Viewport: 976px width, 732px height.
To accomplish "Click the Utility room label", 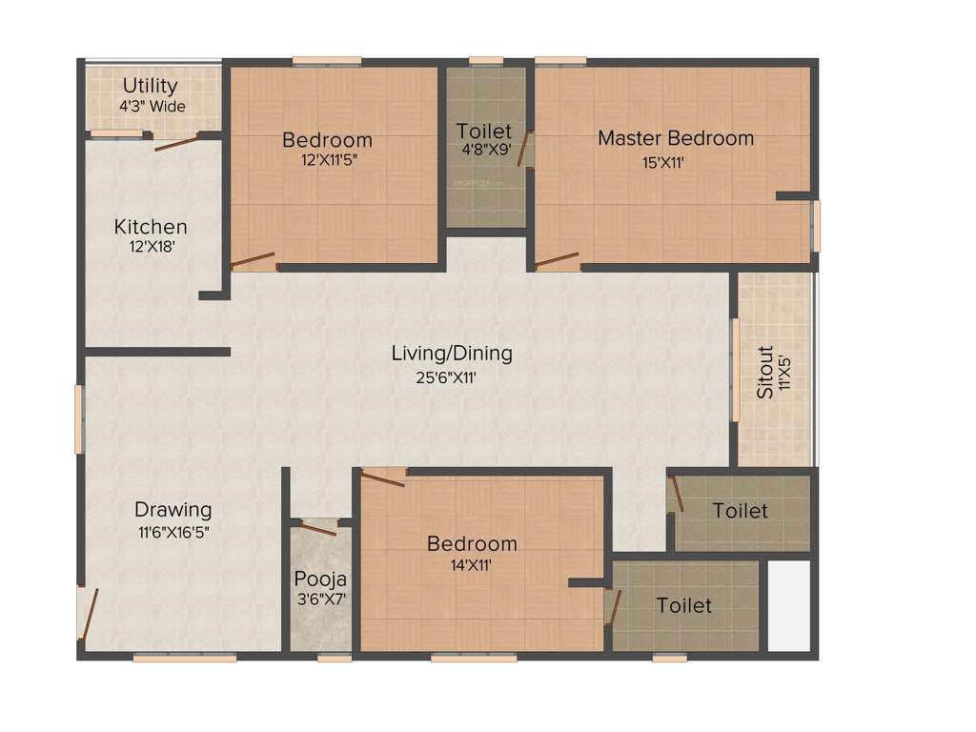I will coord(150,86).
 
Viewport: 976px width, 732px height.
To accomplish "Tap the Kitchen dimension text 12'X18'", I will coord(151,247).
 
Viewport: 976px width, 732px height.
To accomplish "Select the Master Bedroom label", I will coord(675,138).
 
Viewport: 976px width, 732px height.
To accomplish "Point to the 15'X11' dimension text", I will coord(663,162).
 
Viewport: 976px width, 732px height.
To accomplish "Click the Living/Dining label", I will coord(452,354).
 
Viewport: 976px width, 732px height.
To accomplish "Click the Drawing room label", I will coord(173,510).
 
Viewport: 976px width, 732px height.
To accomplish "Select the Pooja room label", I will coord(320,579).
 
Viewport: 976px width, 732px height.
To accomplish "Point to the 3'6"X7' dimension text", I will coord(320,600).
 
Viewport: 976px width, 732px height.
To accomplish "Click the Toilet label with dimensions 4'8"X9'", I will coord(483,132).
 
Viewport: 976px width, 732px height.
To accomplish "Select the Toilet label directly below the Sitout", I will coord(740,512).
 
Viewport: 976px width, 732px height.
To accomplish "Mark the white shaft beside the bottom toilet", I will coord(788,606).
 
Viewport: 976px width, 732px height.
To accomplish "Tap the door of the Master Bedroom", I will coord(558,260).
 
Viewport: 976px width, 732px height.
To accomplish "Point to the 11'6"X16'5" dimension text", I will coord(172,533).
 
